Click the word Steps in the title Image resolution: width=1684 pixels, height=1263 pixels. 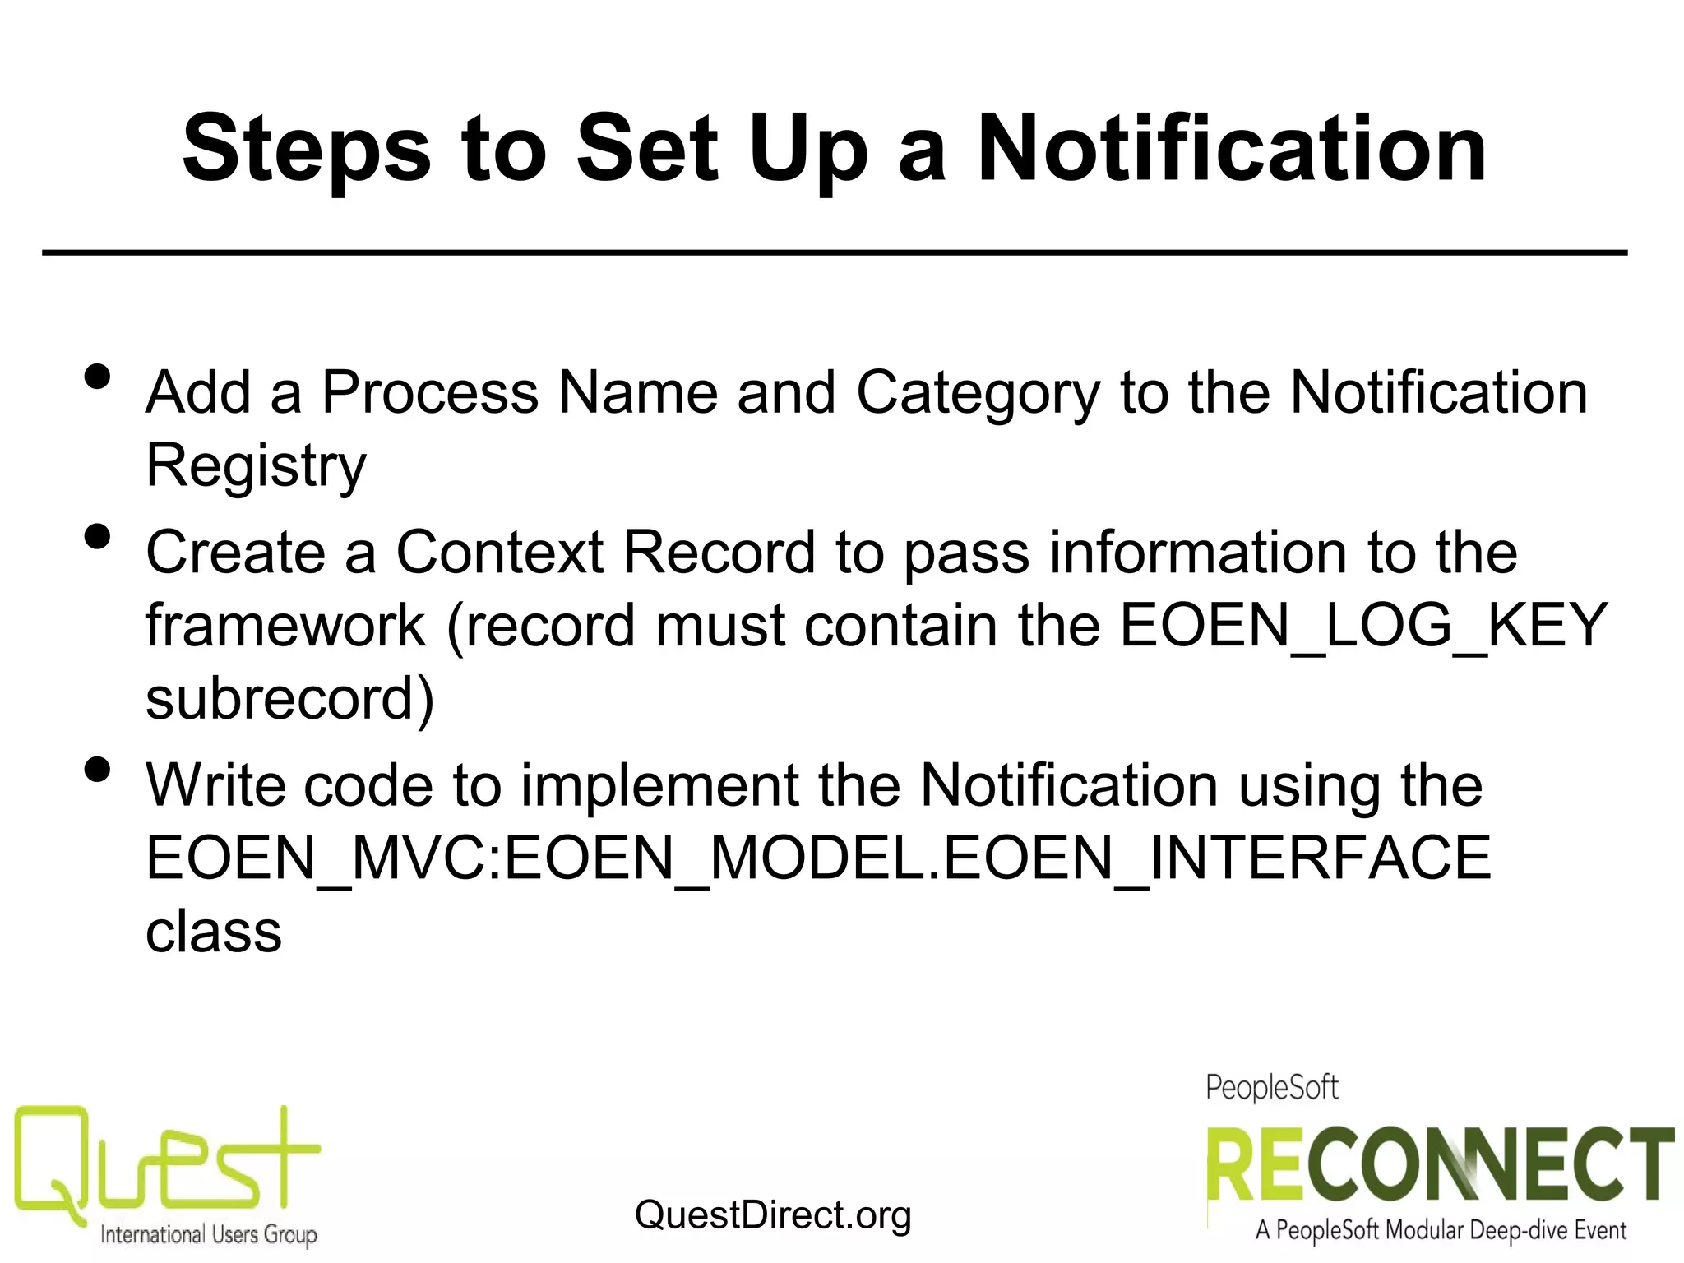(306, 151)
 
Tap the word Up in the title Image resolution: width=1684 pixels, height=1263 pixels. (807, 151)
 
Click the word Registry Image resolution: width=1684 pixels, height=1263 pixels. (256, 465)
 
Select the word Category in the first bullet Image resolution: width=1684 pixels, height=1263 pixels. (978, 392)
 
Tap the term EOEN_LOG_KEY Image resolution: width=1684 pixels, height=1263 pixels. (1363, 626)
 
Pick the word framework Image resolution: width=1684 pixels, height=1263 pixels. (285, 626)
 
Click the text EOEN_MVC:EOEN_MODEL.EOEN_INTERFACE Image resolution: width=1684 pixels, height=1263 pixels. (818, 858)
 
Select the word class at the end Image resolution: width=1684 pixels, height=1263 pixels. (214, 932)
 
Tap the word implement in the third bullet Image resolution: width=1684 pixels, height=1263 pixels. (660, 785)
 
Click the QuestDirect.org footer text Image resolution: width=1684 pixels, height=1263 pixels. (773, 1214)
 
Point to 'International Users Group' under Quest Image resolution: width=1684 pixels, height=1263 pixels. (208, 1234)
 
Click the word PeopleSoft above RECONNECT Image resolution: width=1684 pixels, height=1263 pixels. (1271, 1088)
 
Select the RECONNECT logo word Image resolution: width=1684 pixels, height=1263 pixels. (1439, 1165)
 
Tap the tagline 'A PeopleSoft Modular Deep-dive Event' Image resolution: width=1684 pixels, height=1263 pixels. (1440, 1231)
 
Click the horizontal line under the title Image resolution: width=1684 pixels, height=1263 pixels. (834, 252)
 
